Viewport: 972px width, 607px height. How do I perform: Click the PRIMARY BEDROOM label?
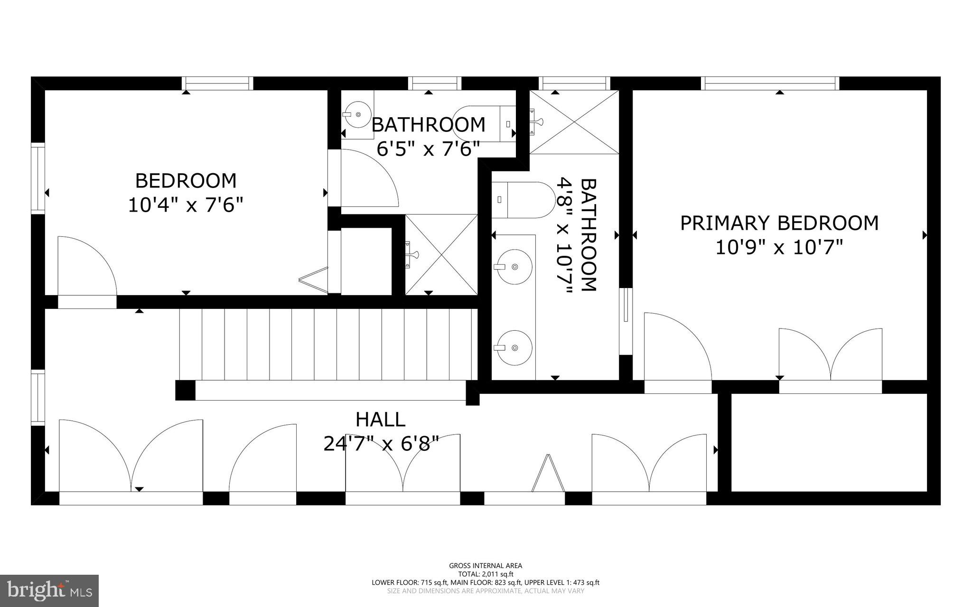tap(779, 223)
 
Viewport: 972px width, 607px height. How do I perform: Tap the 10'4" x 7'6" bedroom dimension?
tap(186, 205)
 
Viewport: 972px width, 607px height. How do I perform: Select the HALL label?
tap(381, 420)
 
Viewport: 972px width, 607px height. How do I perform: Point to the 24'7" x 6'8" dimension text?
tap(381, 444)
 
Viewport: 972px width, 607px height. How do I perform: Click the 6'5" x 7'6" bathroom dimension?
tap(429, 149)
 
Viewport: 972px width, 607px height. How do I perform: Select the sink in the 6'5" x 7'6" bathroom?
tap(357, 114)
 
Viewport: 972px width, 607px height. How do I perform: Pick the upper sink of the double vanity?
tap(513, 267)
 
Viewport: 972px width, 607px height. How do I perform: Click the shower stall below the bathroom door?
tap(441, 255)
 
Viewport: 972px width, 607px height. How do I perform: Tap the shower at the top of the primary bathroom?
tap(574, 122)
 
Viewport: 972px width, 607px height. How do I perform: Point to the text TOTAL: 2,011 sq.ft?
tap(486, 574)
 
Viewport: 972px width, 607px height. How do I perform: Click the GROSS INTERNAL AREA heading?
tap(486, 565)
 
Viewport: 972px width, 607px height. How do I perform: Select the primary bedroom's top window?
tap(770, 84)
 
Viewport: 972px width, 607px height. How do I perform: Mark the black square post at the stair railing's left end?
tap(185, 390)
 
